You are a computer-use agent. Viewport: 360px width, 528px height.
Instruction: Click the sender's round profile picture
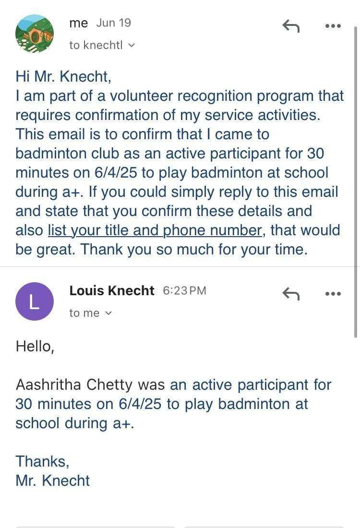[x=35, y=34]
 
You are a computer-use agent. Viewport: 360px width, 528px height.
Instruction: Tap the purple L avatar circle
[x=35, y=301]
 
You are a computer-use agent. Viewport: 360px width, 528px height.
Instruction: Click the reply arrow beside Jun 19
[x=291, y=26]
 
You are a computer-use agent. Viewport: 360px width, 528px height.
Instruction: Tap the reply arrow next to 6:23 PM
[x=291, y=293]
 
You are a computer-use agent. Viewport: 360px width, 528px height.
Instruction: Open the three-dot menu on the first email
[x=333, y=26]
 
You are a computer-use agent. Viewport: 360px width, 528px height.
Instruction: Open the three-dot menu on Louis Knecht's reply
[x=333, y=293]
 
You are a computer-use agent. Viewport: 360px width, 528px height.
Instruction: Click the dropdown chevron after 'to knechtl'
[x=132, y=45]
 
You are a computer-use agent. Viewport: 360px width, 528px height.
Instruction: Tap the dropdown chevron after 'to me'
[x=108, y=313]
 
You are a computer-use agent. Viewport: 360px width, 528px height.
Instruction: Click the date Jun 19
[x=113, y=23]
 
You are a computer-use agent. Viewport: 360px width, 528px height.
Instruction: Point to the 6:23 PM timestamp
[x=184, y=291]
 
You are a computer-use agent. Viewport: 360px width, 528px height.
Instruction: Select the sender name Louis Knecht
[x=112, y=291]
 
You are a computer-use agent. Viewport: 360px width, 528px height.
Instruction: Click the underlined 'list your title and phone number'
[x=155, y=230]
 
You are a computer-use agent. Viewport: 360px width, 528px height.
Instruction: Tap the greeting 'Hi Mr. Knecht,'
[x=63, y=76]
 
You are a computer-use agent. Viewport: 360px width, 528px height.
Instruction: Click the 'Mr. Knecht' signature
[x=53, y=480]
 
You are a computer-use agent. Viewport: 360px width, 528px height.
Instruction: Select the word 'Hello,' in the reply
[x=35, y=346]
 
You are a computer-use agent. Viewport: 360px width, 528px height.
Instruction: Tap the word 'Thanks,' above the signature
[x=42, y=461]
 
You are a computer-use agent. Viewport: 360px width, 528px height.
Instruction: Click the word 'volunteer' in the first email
[x=142, y=96]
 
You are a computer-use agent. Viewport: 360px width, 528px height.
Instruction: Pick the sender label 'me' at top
[x=78, y=23]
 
